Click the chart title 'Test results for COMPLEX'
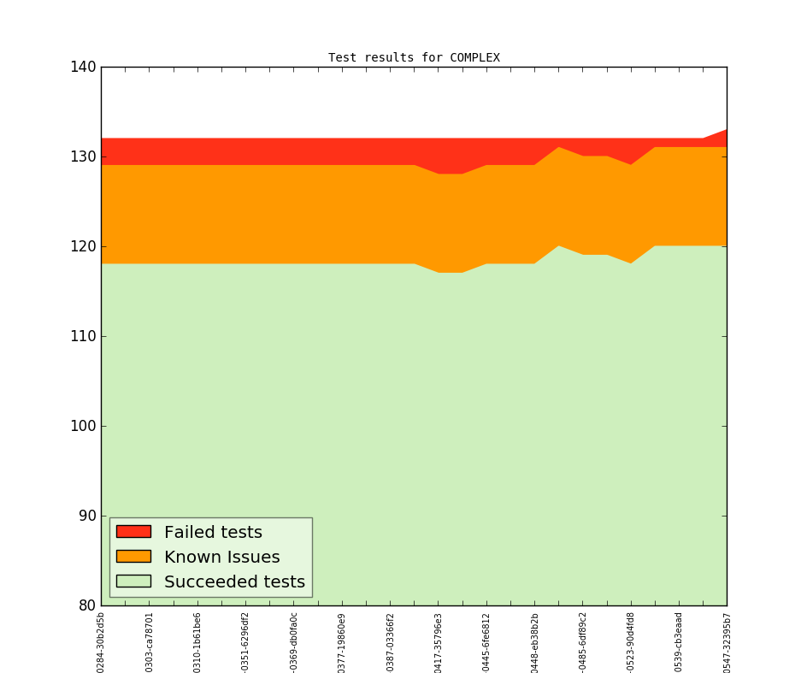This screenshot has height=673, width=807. point(414,58)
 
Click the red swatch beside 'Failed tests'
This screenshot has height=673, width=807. point(133,532)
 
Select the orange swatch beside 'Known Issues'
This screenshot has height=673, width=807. point(133,557)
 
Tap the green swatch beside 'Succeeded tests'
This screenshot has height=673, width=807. point(133,581)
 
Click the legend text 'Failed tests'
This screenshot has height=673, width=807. point(213,533)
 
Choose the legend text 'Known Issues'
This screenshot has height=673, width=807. point(221,558)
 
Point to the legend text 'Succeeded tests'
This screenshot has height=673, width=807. point(234,582)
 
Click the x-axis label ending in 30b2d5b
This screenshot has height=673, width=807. point(101,641)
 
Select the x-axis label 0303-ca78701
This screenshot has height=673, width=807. point(149,641)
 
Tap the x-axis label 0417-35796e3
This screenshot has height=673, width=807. point(439,641)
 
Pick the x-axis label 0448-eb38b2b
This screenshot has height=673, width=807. point(535,641)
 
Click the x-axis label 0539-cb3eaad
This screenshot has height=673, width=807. point(679,641)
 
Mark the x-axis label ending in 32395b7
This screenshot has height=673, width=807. point(727,641)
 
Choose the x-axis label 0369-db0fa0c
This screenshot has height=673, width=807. point(293,641)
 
